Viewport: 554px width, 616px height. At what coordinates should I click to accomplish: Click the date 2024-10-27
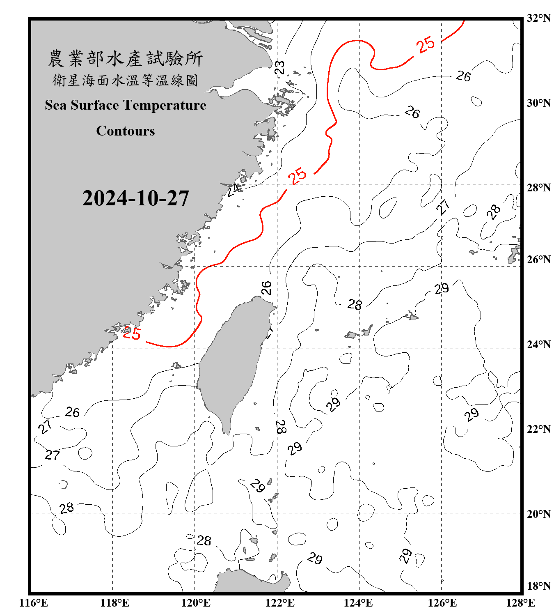pyautogui.click(x=135, y=198)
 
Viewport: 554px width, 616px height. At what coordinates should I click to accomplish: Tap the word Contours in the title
pyautogui.click(x=125, y=131)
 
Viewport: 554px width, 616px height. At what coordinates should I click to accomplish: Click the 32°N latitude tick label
pyautogui.click(x=538, y=18)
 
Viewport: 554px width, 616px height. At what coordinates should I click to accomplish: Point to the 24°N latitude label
pyautogui.click(x=538, y=345)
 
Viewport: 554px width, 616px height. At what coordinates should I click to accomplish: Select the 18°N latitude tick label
pyautogui.click(x=538, y=586)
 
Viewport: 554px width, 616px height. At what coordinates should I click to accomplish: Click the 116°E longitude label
pyautogui.click(x=33, y=603)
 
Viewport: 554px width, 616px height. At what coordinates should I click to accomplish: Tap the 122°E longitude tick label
pyautogui.click(x=280, y=603)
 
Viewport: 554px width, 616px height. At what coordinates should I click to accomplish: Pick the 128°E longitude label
pyautogui.click(x=520, y=603)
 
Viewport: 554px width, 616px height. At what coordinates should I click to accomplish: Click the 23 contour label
pyautogui.click(x=280, y=68)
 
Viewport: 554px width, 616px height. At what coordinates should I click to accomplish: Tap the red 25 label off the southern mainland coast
pyautogui.click(x=132, y=333)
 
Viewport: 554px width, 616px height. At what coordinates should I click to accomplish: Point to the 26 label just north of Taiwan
pyautogui.click(x=267, y=288)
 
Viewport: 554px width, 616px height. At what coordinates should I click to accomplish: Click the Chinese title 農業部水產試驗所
pyautogui.click(x=125, y=59)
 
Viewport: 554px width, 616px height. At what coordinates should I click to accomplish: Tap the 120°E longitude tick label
pyautogui.click(x=196, y=603)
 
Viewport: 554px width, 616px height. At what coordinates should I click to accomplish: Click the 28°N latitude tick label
pyautogui.click(x=538, y=188)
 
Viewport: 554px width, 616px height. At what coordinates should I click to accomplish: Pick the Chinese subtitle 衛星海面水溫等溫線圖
pyautogui.click(x=125, y=80)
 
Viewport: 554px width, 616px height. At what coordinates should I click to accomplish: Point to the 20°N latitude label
pyautogui.click(x=538, y=514)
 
